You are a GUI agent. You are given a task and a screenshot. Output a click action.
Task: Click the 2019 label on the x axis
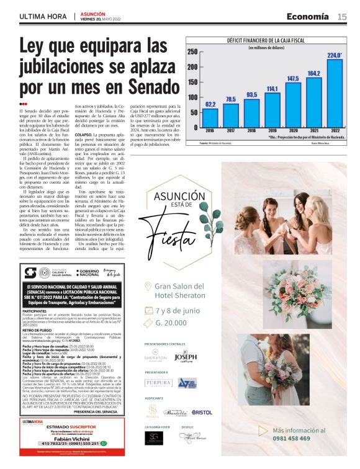click(x=272, y=131)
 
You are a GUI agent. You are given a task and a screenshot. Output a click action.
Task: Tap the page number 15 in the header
click(x=342, y=17)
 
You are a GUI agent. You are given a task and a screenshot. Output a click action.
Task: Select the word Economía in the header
click(x=308, y=16)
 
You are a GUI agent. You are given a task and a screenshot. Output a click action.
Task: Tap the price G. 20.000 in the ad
click(x=173, y=323)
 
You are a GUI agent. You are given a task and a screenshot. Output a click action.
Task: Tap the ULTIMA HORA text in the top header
click(x=43, y=17)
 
